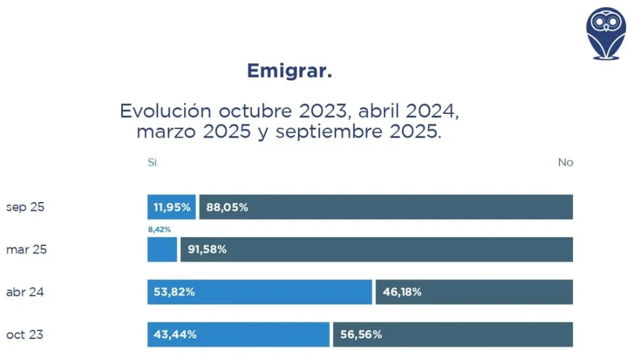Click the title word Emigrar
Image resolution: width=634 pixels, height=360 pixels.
(x=289, y=71)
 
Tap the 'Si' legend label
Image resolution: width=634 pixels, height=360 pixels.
(x=152, y=163)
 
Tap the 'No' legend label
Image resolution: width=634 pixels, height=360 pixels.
(x=565, y=163)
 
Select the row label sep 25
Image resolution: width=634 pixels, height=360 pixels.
(x=25, y=207)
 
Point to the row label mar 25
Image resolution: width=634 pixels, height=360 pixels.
(x=26, y=250)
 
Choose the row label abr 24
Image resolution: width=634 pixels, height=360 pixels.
(x=25, y=292)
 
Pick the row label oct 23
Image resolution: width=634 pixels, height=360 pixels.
(x=25, y=335)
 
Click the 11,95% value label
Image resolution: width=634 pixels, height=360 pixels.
(x=172, y=207)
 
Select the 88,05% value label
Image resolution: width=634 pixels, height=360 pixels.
(x=227, y=207)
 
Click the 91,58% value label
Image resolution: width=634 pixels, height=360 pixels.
(x=208, y=250)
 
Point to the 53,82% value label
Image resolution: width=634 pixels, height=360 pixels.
(x=174, y=292)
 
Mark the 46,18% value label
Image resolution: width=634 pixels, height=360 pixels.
(x=402, y=292)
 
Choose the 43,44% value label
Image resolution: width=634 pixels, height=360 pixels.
(x=175, y=335)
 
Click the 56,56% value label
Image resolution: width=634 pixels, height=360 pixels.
(x=361, y=335)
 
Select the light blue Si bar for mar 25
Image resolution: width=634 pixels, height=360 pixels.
(x=162, y=250)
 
